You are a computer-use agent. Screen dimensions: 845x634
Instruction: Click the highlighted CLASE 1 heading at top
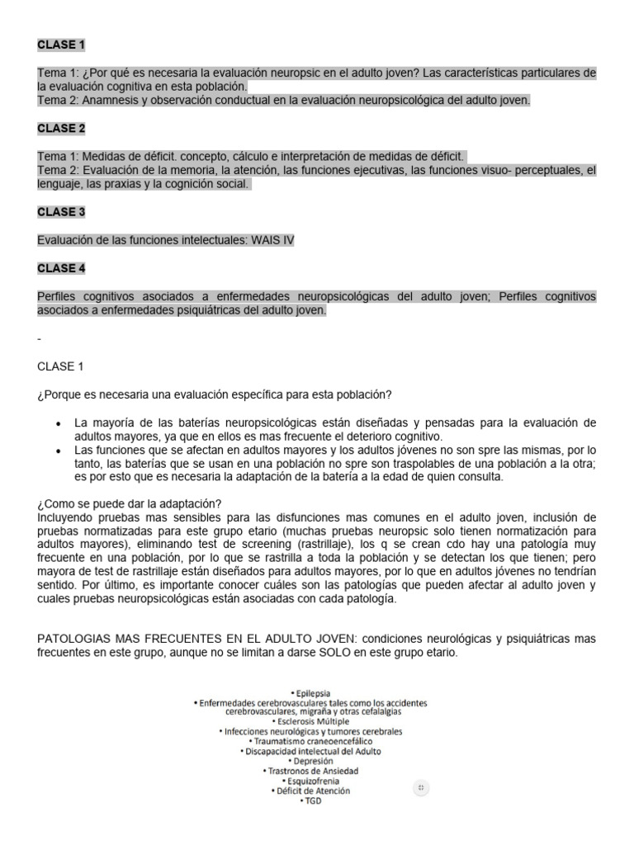tap(61, 44)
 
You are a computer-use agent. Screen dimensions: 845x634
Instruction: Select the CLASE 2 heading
tap(61, 128)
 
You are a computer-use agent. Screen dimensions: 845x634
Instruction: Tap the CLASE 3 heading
tap(61, 212)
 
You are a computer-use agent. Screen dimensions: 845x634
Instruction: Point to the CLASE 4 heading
tap(61, 268)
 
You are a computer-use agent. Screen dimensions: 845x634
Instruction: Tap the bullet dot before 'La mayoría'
tap(57, 424)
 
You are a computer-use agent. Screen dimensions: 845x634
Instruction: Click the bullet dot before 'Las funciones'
tap(57, 451)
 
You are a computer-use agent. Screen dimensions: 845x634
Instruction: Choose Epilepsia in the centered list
tap(310, 692)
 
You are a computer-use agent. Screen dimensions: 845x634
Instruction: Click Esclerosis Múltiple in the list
tap(310, 720)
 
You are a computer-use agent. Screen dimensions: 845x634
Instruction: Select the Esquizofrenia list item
tap(310, 780)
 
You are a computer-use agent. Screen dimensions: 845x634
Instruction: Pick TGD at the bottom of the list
tap(310, 800)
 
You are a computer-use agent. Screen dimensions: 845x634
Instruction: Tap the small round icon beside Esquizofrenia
tap(421, 787)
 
